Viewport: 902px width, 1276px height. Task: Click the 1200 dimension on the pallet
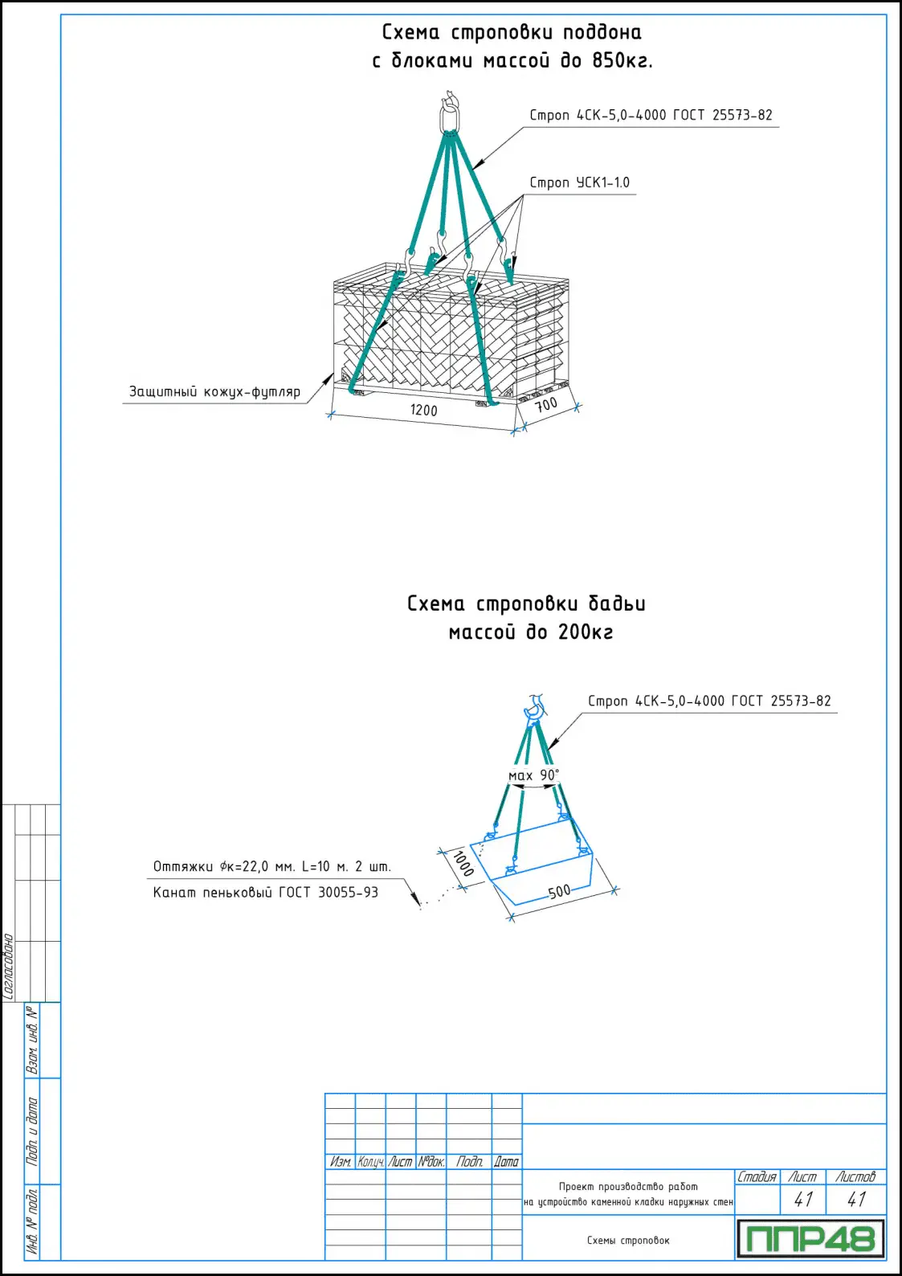(x=423, y=410)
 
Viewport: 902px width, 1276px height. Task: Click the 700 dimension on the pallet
(x=546, y=404)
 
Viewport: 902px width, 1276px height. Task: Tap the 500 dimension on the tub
(x=559, y=891)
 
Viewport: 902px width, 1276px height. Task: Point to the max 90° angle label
(x=533, y=775)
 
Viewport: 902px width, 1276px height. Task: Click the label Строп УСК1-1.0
(x=579, y=183)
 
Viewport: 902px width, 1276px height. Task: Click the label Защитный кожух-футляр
(x=214, y=392)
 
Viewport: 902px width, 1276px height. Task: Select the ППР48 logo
(x=810, y=1238)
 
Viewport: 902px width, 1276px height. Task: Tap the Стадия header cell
(x=757, y=1177)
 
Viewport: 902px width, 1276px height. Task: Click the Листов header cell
(x=855, y=1177)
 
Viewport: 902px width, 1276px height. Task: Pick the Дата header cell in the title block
(x=506, y=1162)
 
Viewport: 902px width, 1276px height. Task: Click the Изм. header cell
(x=340, y=1162)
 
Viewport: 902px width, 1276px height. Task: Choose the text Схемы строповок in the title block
(x=628, y=1241)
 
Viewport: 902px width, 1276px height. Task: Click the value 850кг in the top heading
(x=622, y=61)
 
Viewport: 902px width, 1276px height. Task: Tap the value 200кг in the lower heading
(x=586, y=632)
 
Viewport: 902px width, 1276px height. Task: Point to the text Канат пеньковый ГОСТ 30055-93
(x=265, y=893)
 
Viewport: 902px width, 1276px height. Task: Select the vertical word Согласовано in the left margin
(x=9, y=966)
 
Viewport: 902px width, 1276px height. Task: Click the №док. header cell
(x=431, y=1162)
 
